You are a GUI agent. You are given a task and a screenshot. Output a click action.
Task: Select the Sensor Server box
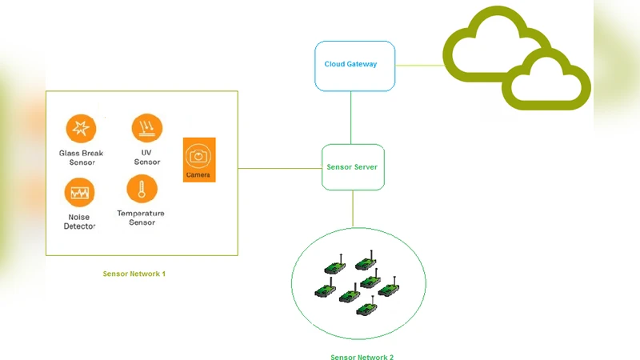point(353,167)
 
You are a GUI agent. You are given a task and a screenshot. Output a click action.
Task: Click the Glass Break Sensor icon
point(80,128)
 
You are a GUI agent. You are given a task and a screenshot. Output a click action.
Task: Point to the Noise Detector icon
point(80,192)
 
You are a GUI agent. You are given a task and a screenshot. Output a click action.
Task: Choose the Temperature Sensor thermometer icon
point(142,190)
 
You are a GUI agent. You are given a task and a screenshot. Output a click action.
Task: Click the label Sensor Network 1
point(134,274)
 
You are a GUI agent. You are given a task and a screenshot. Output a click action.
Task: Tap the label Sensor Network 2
point(362,357)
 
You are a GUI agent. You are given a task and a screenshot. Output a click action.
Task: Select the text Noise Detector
point(79,222)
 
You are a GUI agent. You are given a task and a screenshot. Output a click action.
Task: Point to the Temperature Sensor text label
point(141,218)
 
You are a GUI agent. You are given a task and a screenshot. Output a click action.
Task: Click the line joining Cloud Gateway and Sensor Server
point(350,117)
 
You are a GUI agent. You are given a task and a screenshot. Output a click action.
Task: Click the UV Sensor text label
point(147,157)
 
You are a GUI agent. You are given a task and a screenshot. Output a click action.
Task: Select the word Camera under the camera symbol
point(198,174)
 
